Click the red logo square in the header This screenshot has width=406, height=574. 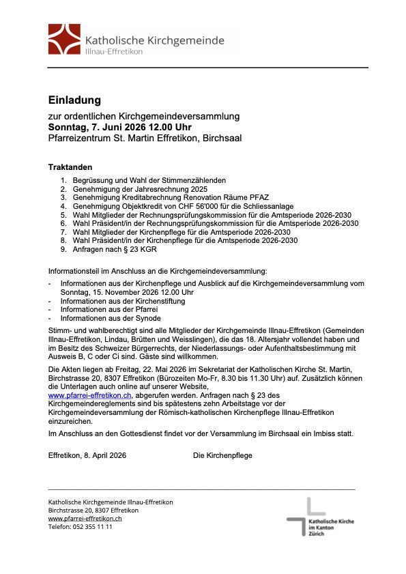point(65,40)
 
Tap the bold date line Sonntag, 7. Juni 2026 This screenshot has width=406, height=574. point(119,127)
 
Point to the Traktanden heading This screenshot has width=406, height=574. point(70,167)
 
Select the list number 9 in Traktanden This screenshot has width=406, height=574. point(63,250)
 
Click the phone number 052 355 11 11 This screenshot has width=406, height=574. point(93,527)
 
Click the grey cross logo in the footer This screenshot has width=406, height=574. point(303,515)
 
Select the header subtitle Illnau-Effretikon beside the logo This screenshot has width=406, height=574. point(114,52)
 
